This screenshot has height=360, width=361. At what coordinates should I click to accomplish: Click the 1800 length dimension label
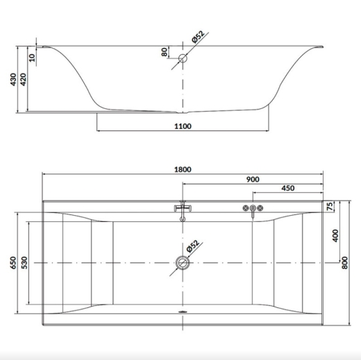pyautogui.click(x=183, y=169)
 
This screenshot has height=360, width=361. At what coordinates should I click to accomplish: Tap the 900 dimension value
pyautogui.click(x=253, y=180)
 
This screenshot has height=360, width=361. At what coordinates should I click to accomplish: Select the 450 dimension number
pyautogui.click(x=288, y=188)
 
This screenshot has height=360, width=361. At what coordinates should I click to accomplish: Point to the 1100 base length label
pyautogui.click(x=183, y=126)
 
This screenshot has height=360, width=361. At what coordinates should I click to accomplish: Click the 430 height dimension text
pyautogui.click(x=13, y=79)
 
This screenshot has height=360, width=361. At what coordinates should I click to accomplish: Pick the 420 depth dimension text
pyautogui.click(x=24, y=79)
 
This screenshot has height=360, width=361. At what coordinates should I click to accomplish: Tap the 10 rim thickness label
pyautogui.click(x=32, y=58)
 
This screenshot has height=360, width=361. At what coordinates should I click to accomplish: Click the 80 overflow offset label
pyautogui.click(x=164, y=52)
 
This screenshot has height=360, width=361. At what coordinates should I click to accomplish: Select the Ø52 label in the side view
pyautogui.click(x=198, y=37)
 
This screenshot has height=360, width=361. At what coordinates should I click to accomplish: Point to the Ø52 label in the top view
pyautogui.click(x=192, y=246)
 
